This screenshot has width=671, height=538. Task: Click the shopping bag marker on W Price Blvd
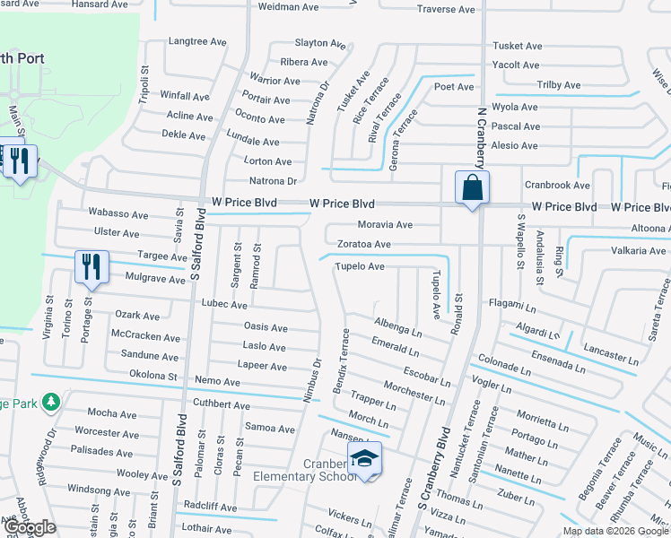point(472,188)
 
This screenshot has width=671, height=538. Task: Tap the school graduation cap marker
point(365,459)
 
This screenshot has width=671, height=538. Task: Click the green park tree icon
point(51,403)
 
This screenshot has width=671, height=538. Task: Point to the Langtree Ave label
point(197,41)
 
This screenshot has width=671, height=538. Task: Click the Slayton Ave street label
point(320,43)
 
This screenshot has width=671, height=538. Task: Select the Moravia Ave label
point(386,224)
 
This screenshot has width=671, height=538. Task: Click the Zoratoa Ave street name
point(363,244)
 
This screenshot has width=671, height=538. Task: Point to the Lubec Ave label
point(224,305)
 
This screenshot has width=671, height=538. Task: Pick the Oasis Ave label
point(266,327)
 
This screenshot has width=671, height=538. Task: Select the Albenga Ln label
point(397,324)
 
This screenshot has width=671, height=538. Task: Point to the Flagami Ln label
point(512,305)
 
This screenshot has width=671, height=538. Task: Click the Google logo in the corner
point(30,527)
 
